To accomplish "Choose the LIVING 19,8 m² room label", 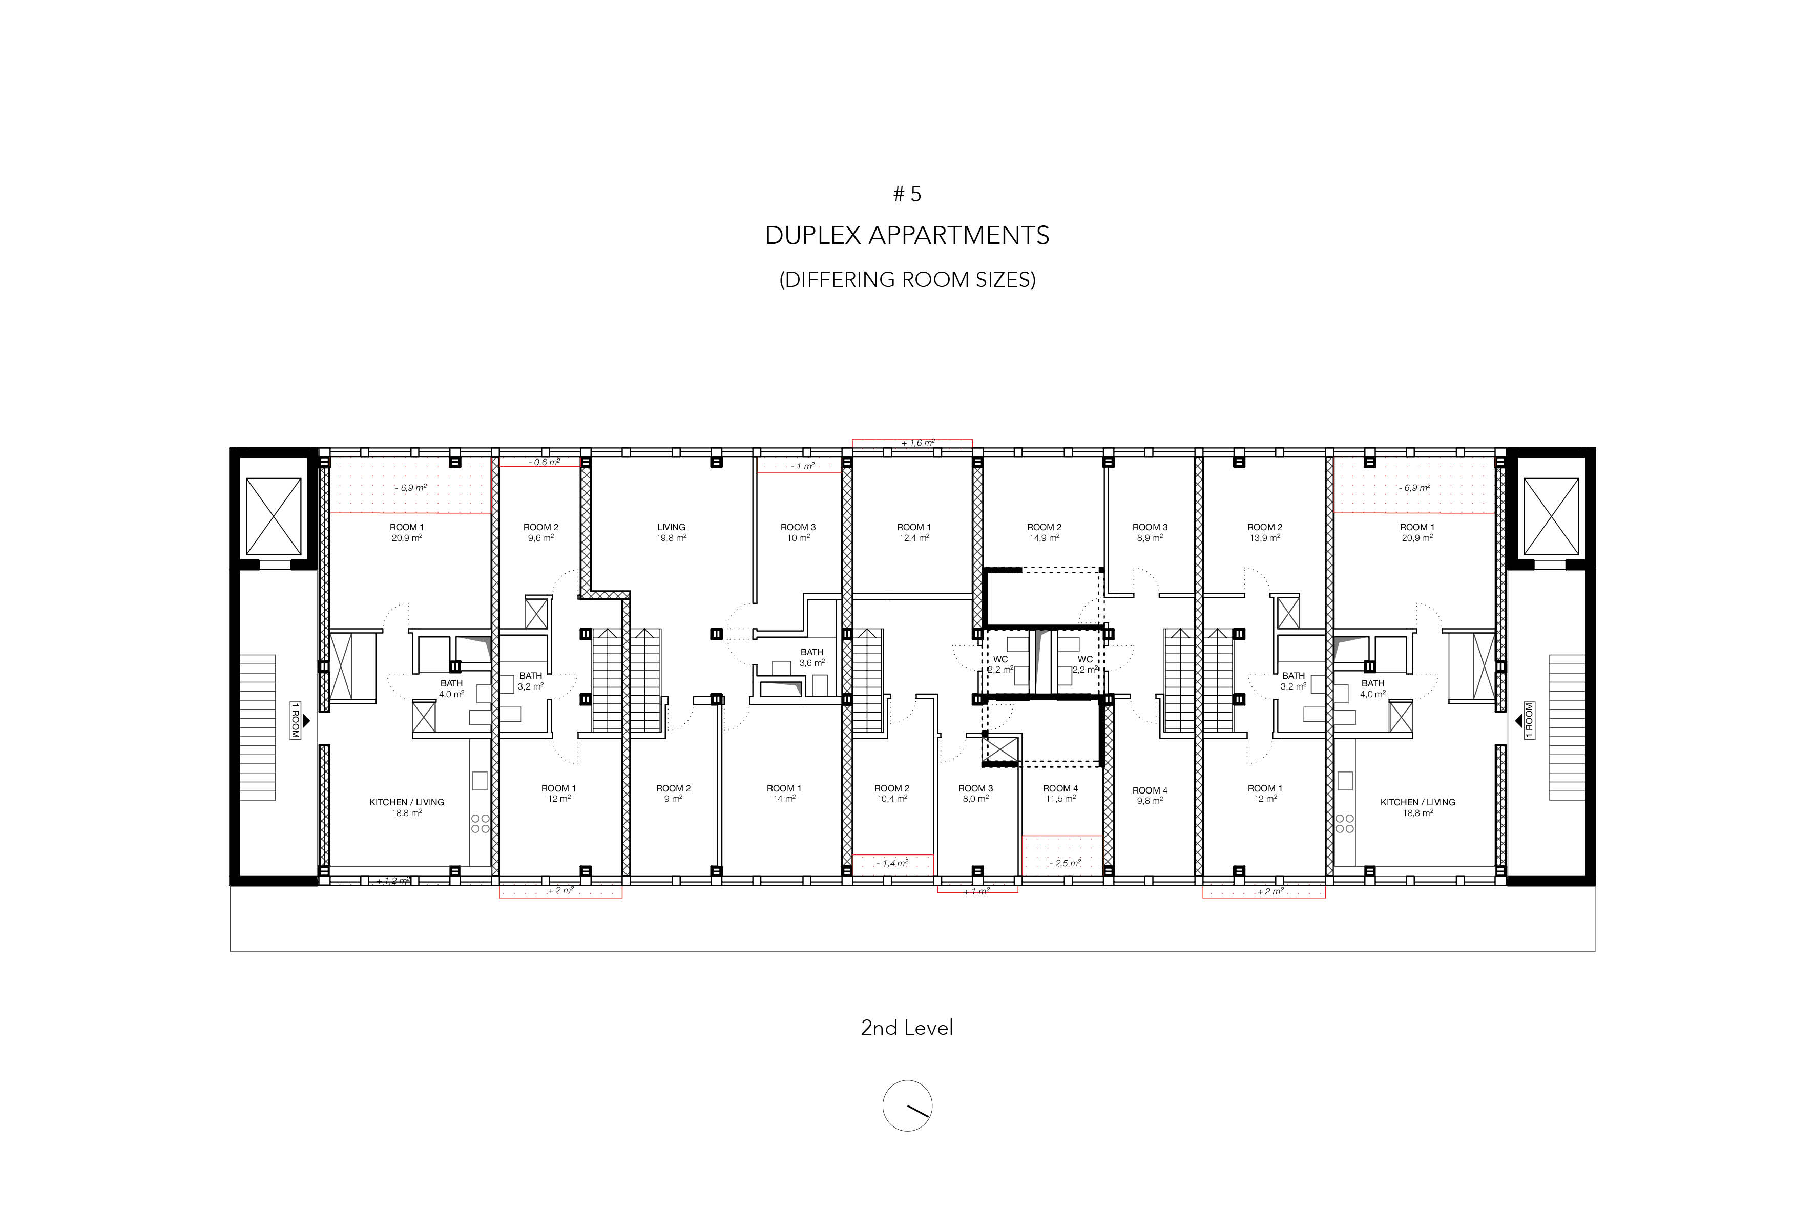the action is tap(672, 532).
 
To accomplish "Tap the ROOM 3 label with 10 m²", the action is tap(798, 532).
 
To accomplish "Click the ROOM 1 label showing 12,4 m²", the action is tap(914, 532).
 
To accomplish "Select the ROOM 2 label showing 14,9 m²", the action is tap(1044, 532).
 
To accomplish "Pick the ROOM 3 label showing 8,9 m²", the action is tap(1150, 532).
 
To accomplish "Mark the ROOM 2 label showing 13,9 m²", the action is tap(1265, 532).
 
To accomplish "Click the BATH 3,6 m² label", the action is tap(812, 657).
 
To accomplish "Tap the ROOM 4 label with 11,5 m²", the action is tap(1060, 794).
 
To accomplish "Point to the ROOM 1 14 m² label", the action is tap(784, 794).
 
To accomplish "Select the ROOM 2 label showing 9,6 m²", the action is tap(541, 532).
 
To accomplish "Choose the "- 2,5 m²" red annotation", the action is tap(1064, 864).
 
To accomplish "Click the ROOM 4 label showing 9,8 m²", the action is tap(1150, 796).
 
